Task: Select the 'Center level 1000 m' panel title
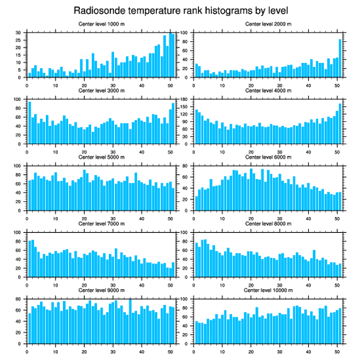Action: [101, 24]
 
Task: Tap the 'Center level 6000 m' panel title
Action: [268, 157]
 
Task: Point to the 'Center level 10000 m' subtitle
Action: [268, 290]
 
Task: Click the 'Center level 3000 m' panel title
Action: [101, 90]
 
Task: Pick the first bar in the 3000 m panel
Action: [30, 123]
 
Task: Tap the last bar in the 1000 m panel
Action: [173, 55]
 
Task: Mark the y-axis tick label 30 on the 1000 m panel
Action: [18, 33]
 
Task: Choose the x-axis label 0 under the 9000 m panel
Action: [27, 351]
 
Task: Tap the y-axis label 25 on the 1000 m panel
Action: [18, 40]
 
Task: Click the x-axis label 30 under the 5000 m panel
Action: [113, 218]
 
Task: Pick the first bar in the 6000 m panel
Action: [196, 203]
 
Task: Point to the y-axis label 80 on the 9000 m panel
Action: [18, 299]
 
